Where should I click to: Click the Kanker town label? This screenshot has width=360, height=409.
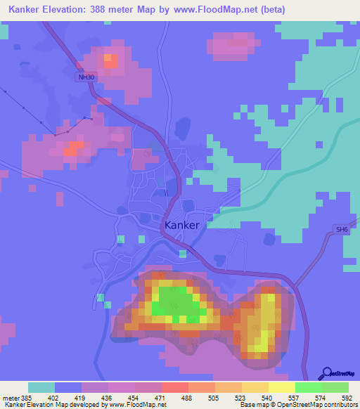point(181,225)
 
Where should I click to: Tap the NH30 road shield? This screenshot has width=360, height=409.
point(85,78)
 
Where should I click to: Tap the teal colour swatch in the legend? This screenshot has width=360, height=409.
point(41,387)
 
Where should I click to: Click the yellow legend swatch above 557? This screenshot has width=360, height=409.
point(282,387)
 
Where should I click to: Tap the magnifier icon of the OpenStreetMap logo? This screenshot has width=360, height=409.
point(326,374)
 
